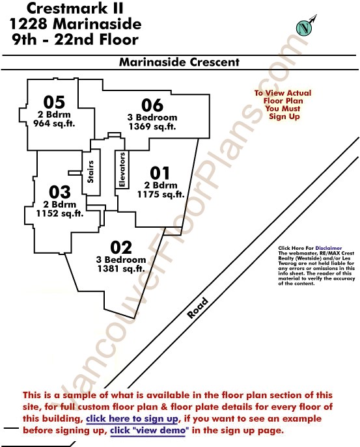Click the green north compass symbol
tap(305, 27)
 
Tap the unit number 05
tap(54, 102)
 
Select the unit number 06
tap(152, 105)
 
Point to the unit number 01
tap(159, 173)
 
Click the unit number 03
tap(60, 192)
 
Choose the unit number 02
tap(121, 247)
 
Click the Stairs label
tap(90, 172)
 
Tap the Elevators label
tap(122, 170)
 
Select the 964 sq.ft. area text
tap(54, 124)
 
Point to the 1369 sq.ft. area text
tap(152, 126)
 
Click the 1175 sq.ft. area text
tap(161, 195)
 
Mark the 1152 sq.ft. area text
tap(60, 213)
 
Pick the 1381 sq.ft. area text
tap(121, 269)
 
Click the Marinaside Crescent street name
tap(179, 62)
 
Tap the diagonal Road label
tap(197, 308)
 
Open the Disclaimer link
tap(328, 249)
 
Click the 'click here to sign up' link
tap(132, 419)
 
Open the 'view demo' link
tap(150, 430)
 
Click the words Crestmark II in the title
tap(75, 8)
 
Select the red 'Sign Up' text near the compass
tap(284, 116)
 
